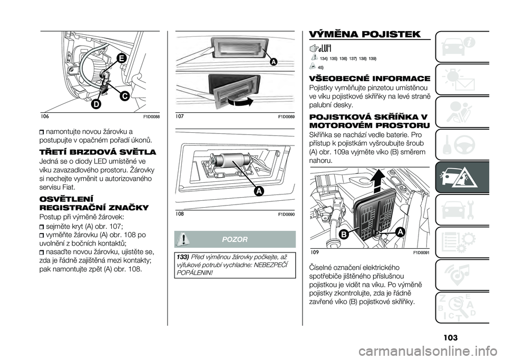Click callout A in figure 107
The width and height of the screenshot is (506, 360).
pyautogui.click(x=274, y=62)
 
